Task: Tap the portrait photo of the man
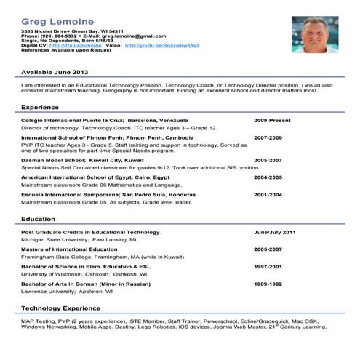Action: coord(315,34)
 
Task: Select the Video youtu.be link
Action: coord(162,45)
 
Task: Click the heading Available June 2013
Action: coord(55,73)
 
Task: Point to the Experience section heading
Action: coord(40,108)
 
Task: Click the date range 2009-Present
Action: coord(272,119)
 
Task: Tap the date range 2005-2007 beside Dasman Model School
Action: coord(268,159)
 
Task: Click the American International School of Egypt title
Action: coord(95,177)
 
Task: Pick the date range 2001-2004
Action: coord(268,195)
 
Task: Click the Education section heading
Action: coord(38,219)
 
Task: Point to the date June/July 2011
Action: coord(275,231)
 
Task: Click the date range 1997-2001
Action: coord(268,266)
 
